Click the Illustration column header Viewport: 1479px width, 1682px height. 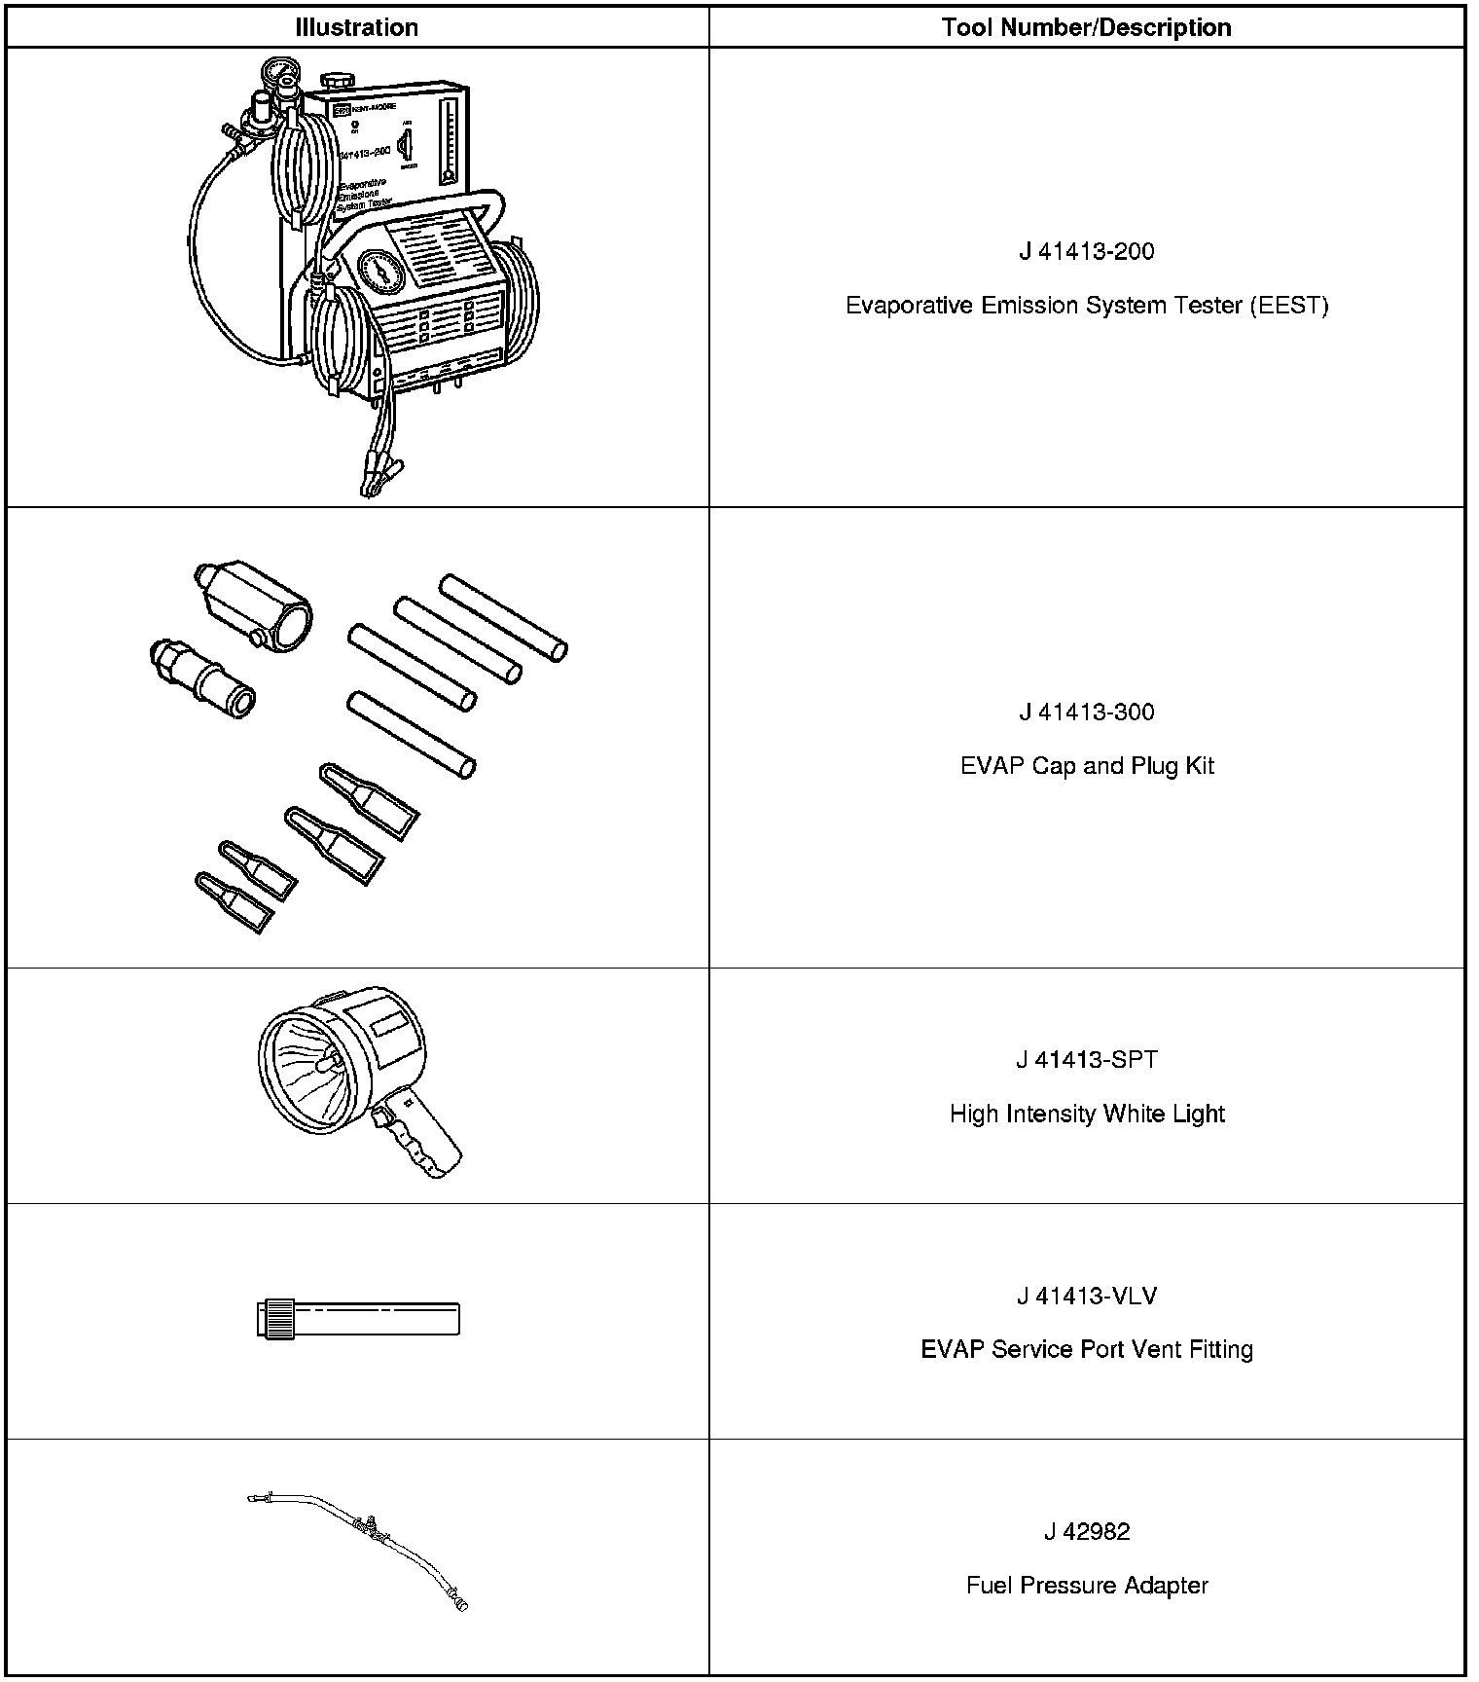click(356, 27)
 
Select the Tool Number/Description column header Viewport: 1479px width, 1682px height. click(1086, 27)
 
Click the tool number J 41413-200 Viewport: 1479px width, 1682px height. click(1086, 252)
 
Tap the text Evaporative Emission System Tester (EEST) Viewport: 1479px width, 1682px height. click(1086, 306)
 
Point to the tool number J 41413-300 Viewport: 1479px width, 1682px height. click(1086, 713)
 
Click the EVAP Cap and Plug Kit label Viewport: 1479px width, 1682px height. click(1086, 766)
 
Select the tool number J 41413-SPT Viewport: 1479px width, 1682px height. click(1086, 1060)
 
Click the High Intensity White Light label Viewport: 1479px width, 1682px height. click(1086, 1114)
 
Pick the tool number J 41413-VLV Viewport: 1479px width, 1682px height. click(1086, 1297)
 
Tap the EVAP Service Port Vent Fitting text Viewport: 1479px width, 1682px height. click(1086, 1350)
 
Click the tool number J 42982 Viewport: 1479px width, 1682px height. click(1086, 1532)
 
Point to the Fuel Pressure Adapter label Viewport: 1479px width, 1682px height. click(1086, 1586)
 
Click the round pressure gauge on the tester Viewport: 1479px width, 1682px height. click(379, 274)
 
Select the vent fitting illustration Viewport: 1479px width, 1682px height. click(360, 1320)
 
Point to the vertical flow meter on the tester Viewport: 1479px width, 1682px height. click(448, 141)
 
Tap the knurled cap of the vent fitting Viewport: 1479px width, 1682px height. click(275, 1320)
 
